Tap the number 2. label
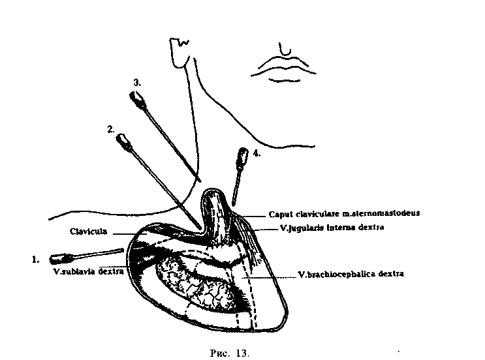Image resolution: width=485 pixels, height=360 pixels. tap(111, 129)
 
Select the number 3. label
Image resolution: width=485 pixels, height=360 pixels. tap(137, 83)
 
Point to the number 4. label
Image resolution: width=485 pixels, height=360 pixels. tap(257, 155)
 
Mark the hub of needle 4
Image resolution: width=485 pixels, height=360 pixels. tap(243, 157)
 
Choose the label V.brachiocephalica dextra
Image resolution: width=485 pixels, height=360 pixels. tap(350, 275)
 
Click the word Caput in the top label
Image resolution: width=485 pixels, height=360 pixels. tap(280, 213)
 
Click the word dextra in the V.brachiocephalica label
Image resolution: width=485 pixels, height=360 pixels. tap(390, 275)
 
